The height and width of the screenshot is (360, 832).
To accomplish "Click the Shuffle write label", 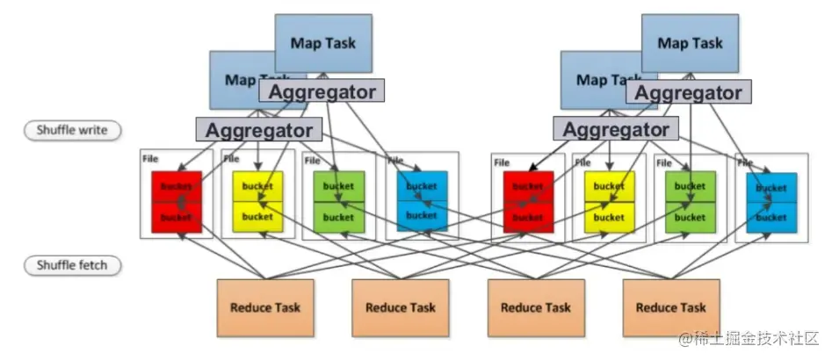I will pyautogui.click(x=72, y=131).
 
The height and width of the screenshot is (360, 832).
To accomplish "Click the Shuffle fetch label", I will pyautogui.click(x=72, y=264).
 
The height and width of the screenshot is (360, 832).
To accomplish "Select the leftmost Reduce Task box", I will pyautogui.click(x=264, y=307).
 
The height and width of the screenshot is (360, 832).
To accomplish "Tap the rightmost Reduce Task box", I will pyautogui.click(x=670, y=307).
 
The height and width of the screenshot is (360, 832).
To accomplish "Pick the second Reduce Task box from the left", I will pyautogui.click(x=400, y=307).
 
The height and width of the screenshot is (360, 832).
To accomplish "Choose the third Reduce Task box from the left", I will pyautogui.click(x=535, y=307).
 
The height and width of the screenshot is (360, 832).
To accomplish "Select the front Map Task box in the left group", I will pyautogui.click(x=234, y=78).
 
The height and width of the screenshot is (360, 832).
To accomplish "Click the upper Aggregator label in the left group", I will pyautogui.click(x=322, y=91).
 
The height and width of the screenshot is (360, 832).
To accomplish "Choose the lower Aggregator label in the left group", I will pyautogui.click(x=259, y=130).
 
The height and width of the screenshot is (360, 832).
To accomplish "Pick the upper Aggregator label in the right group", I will pyautogui.click(x=688, y=92).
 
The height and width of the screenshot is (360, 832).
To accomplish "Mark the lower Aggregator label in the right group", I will pyautogui.click(x=616, y=130).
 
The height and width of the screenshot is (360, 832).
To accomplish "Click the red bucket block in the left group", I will pyautogui.click(x=177, y=201).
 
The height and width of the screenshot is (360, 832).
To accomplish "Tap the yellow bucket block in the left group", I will pyautogui.click(x=257, y=201).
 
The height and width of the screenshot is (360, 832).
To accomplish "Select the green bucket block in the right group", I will pyautogui.click(x=690, y=201).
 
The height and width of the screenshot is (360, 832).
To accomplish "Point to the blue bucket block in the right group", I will pyautogui.click(x=771, y=202).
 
